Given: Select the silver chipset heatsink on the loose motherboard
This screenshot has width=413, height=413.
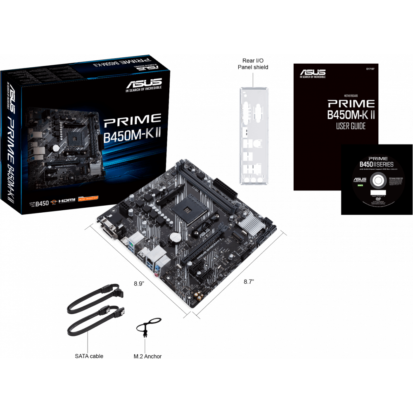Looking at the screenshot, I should click(x=250, y=226).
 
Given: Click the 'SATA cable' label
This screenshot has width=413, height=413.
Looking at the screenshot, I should click(x=89, y=356).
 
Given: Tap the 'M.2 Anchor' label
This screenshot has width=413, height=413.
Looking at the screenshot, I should click(x=147, y=356).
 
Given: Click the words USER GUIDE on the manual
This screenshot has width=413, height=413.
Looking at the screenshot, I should click(x=351, y=126).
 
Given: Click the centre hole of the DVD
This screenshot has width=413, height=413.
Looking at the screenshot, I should click(x=377, y=180).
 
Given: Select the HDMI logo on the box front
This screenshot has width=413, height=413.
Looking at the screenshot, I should click(x=66, y=200).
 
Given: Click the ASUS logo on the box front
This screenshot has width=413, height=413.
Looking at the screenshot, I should click(x=144, y=82).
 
